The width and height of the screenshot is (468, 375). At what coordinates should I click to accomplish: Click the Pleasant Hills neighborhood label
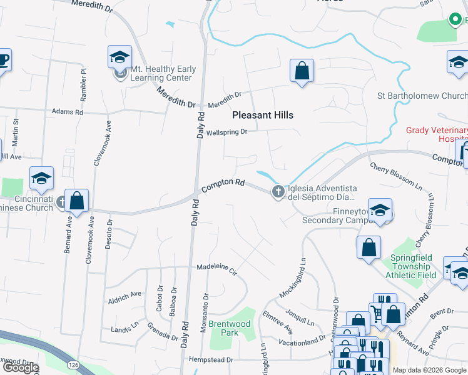(x=262, y=115)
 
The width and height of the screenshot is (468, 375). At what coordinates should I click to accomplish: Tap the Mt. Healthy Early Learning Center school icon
(x=118, y=57)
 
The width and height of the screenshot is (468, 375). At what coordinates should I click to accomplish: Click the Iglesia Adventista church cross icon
(x=277, y=192)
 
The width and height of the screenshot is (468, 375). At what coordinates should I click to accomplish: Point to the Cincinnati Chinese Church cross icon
(x=61, y=202)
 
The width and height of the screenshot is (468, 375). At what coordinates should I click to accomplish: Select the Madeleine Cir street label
(x=217, y=269)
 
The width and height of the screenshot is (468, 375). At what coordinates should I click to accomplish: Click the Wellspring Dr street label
(x=227, y=132)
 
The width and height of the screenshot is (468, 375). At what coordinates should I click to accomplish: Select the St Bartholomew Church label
(x=422, y=96)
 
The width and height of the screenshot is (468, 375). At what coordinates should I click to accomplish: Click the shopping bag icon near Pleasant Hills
(x=302, y=71)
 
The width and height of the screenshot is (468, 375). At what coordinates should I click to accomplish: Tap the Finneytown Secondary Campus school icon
(x=380, y=211)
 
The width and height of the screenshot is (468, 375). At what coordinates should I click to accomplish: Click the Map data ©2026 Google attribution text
(x=430, y=370)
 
